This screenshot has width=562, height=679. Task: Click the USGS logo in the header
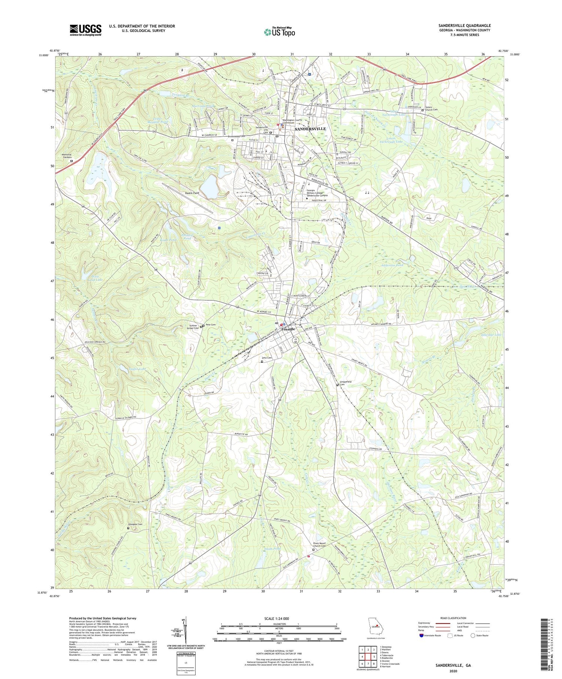click(x=85, y=30)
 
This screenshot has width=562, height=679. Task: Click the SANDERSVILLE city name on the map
click(x=310, y=128)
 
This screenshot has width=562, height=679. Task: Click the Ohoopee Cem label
click(x=135, y=524)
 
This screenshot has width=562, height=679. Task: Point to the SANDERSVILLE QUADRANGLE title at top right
click(x=465, y=25)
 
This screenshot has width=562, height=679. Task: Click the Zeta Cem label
click(x=267, y=358)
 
